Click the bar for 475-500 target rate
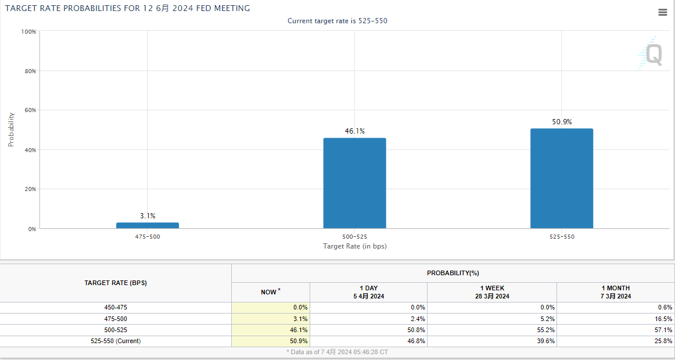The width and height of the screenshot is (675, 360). [x=148, y=225]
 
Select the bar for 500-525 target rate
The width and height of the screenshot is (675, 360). [x=354, y=183]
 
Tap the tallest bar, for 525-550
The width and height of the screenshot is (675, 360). [x=561, y=178]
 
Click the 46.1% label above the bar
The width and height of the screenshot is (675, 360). [x=354, y=131]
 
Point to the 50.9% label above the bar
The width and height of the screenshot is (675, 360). [x=561, y=122]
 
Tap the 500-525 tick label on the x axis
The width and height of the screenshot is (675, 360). [x=354, y=237]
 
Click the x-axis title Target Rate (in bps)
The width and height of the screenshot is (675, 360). [x=354, y=246]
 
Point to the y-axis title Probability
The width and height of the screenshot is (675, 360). [x=11, y=129]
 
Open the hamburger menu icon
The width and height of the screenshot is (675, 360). [x=662, y=13]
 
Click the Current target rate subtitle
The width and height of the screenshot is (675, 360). [x=337, y=21]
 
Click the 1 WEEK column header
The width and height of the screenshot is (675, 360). [x=491, y=292]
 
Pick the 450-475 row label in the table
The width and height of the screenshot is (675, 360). [x=115, y=307]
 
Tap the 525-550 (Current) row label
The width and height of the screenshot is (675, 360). [x=115, y=341]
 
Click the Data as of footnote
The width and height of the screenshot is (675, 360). [x=337, y=352]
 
